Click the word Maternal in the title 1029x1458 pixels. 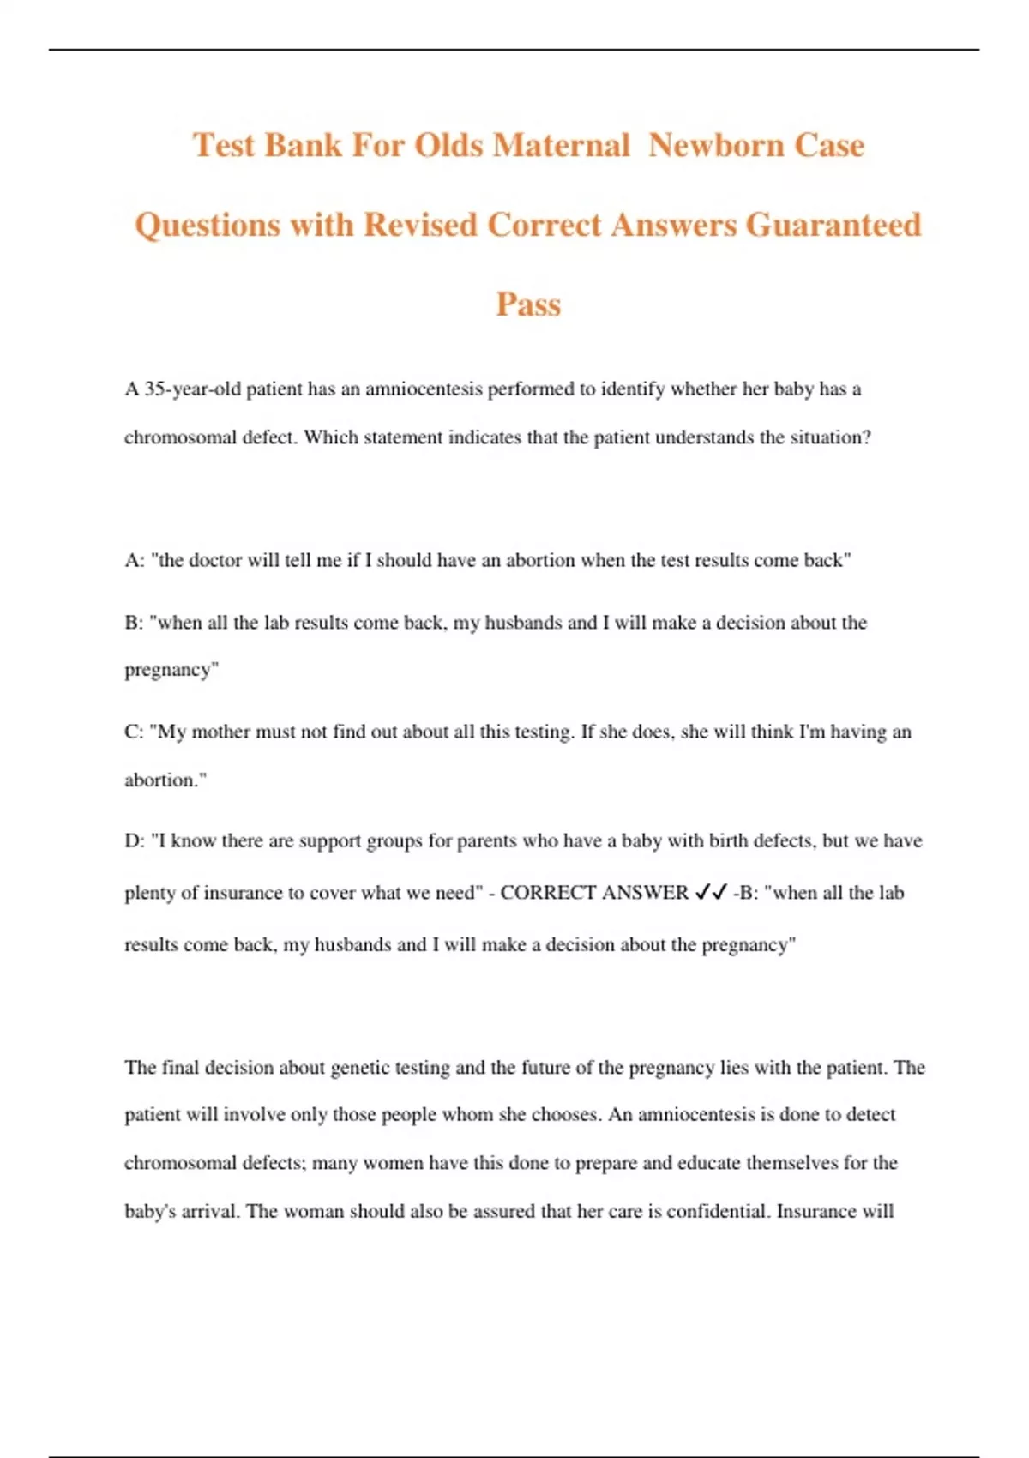tap(561, 145)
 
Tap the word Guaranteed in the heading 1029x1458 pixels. tap(833, 225)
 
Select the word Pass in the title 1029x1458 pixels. tap(528, 304)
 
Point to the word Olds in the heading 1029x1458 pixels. tap(448, 145)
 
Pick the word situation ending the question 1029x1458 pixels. tap(828, 437)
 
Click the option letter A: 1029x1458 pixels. tap(135, 561)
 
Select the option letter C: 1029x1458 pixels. tap(135, 732)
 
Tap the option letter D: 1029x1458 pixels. tap(135, 841)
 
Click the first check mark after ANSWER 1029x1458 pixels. tap(702, 893)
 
